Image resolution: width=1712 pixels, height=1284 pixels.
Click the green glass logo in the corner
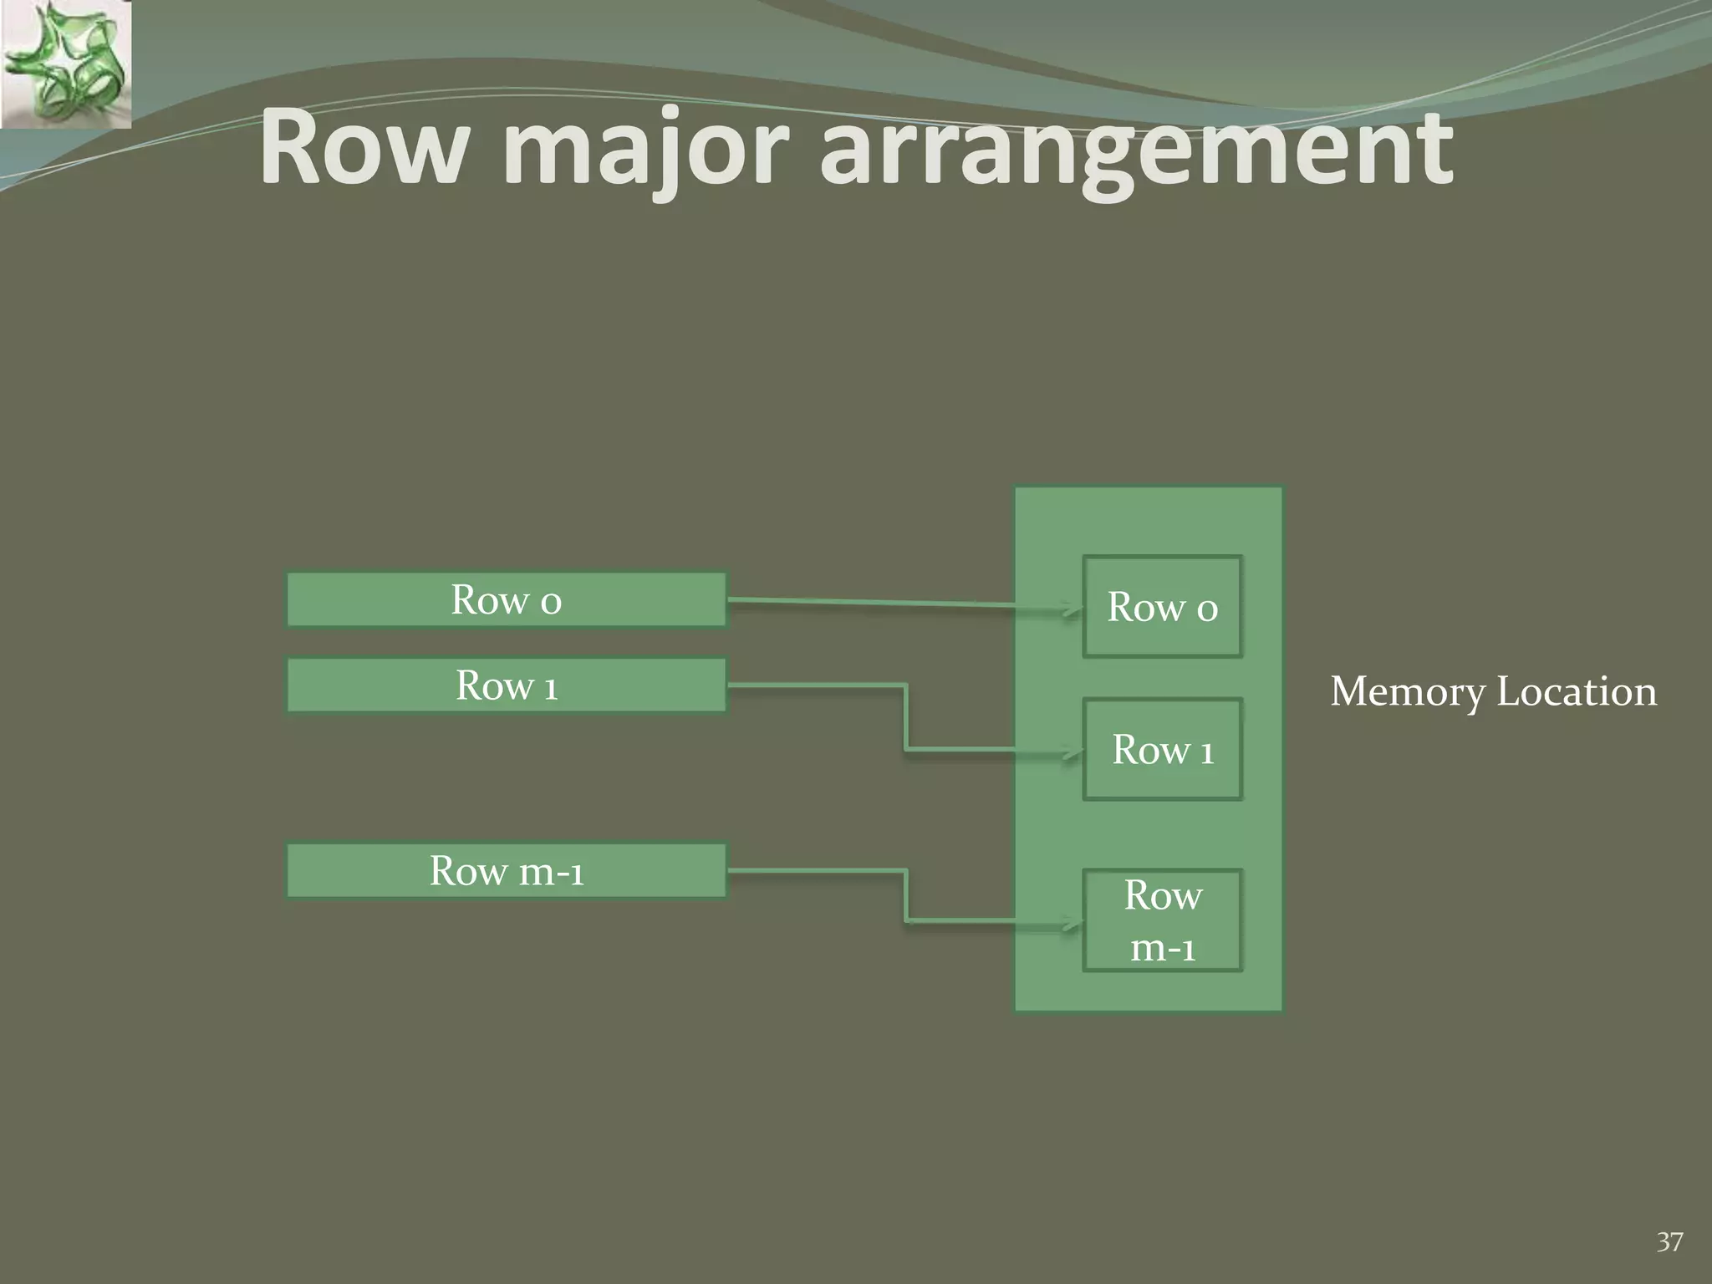point(65,64)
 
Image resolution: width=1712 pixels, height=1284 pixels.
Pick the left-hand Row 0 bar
point(506,599)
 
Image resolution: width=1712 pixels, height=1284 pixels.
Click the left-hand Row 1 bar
point(506,685)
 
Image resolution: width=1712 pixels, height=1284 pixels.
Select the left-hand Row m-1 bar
point(506,871)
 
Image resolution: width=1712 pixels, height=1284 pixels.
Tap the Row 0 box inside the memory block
point(1162,607)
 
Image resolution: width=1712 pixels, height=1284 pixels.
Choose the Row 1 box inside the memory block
point(1162,749)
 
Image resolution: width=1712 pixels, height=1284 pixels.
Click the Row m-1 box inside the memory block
point(1162,920)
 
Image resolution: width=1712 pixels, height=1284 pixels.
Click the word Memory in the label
point(1408,693)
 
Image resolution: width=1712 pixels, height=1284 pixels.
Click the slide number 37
point(1669,1242)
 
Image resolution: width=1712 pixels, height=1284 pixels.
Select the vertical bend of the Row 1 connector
point(906,718)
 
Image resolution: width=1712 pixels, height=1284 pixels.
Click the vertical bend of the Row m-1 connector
point(906,897)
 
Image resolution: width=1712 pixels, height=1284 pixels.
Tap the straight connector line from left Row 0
point(869,602)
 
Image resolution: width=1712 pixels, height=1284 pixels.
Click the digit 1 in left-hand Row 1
point(550,688)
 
